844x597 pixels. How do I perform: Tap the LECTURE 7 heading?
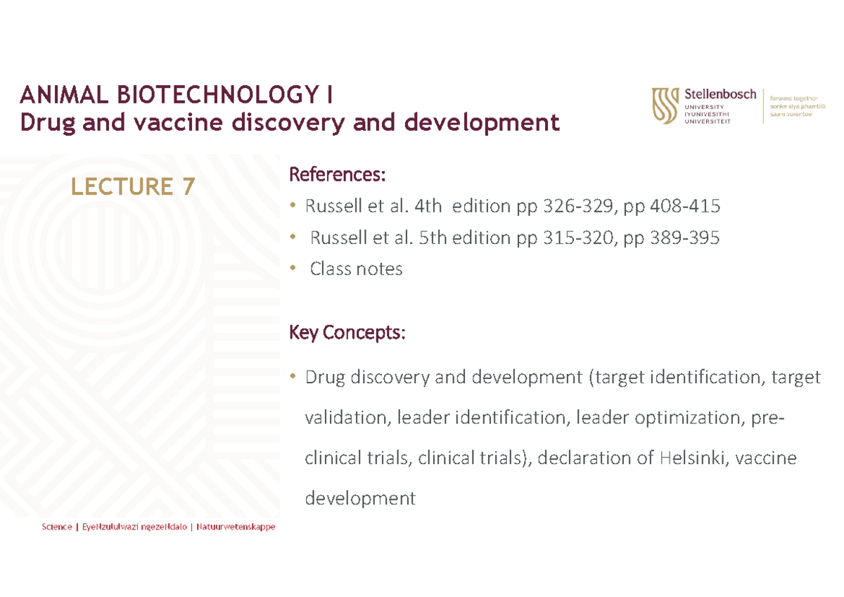pyautogui.click(x=132, y=186)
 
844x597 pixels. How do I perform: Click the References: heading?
pyautogui.click(x=338, y=174)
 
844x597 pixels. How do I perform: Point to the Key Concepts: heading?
pyautogui.click(x=347, y=332)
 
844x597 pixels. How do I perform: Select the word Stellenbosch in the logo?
pyautogui.click(x=720, y=94)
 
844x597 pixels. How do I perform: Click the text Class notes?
pyautogui.click(x=357, y=269)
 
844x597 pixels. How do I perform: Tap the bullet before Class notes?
pyautogui.click(x=293, y=269)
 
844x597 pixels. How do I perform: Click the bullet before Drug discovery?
pyautogui.click(x=293, y=378)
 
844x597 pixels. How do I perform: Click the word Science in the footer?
pyautogui.click(x=56, y=527)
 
